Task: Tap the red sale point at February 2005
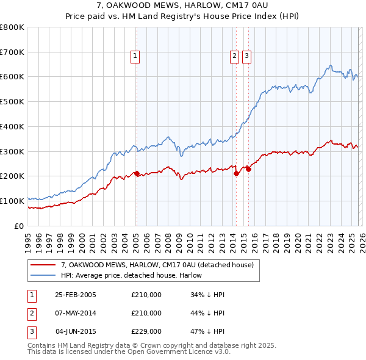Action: pyautogui.click(x=137, y=173)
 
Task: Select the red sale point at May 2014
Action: pyautogui.click(x=236, y=173)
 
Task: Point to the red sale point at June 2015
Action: pyautogui.click(x=248, y=169)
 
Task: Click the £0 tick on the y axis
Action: pyautogui.click(x=20, y=226)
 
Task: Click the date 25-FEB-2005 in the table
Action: pyautogui.click(x=76, y=295)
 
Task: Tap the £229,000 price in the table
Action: pyautogui.click(x=146, y=331)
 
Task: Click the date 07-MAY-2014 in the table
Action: pyautogui.click(x=76, y=313)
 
